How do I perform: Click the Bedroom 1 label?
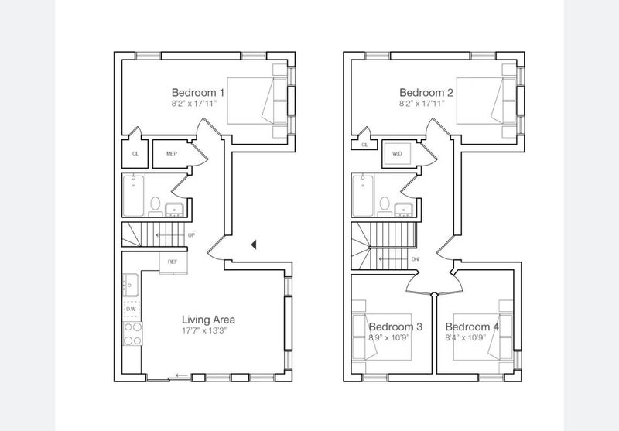198,93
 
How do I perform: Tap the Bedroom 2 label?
426,93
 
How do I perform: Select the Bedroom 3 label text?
395,327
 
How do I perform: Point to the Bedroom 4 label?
472,327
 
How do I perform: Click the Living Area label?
208,320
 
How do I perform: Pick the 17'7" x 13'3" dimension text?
204,330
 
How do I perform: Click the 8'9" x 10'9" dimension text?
389,338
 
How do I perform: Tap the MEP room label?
172,153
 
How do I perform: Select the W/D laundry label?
397,153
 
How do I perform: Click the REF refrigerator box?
173,262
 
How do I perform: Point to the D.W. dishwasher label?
132,309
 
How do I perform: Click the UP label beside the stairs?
191,235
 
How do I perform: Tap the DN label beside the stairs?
415,259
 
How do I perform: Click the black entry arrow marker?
254,245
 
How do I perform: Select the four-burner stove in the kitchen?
132,334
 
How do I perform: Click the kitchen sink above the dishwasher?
131,285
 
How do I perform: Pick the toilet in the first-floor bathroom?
156,206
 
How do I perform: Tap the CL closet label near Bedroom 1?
135,153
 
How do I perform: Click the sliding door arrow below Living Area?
183,375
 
